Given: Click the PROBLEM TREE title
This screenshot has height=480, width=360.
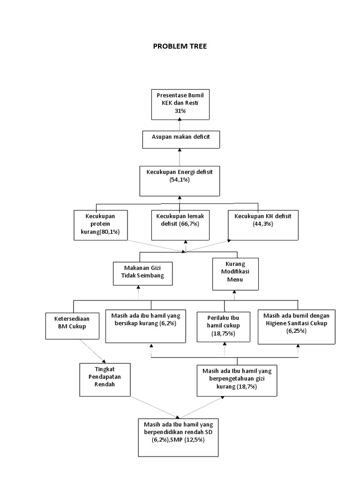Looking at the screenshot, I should [180, 46].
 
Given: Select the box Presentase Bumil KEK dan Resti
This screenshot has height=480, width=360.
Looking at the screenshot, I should [180, 104].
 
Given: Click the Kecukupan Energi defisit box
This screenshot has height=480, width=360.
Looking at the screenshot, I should [180, 180].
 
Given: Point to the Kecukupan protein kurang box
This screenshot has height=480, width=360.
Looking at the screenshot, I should [101, 225].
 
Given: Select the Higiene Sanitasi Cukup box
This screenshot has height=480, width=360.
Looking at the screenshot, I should [296, 327].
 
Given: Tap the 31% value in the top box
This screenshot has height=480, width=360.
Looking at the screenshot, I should [180, 111].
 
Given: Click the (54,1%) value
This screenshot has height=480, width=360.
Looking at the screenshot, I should [180, 180].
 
